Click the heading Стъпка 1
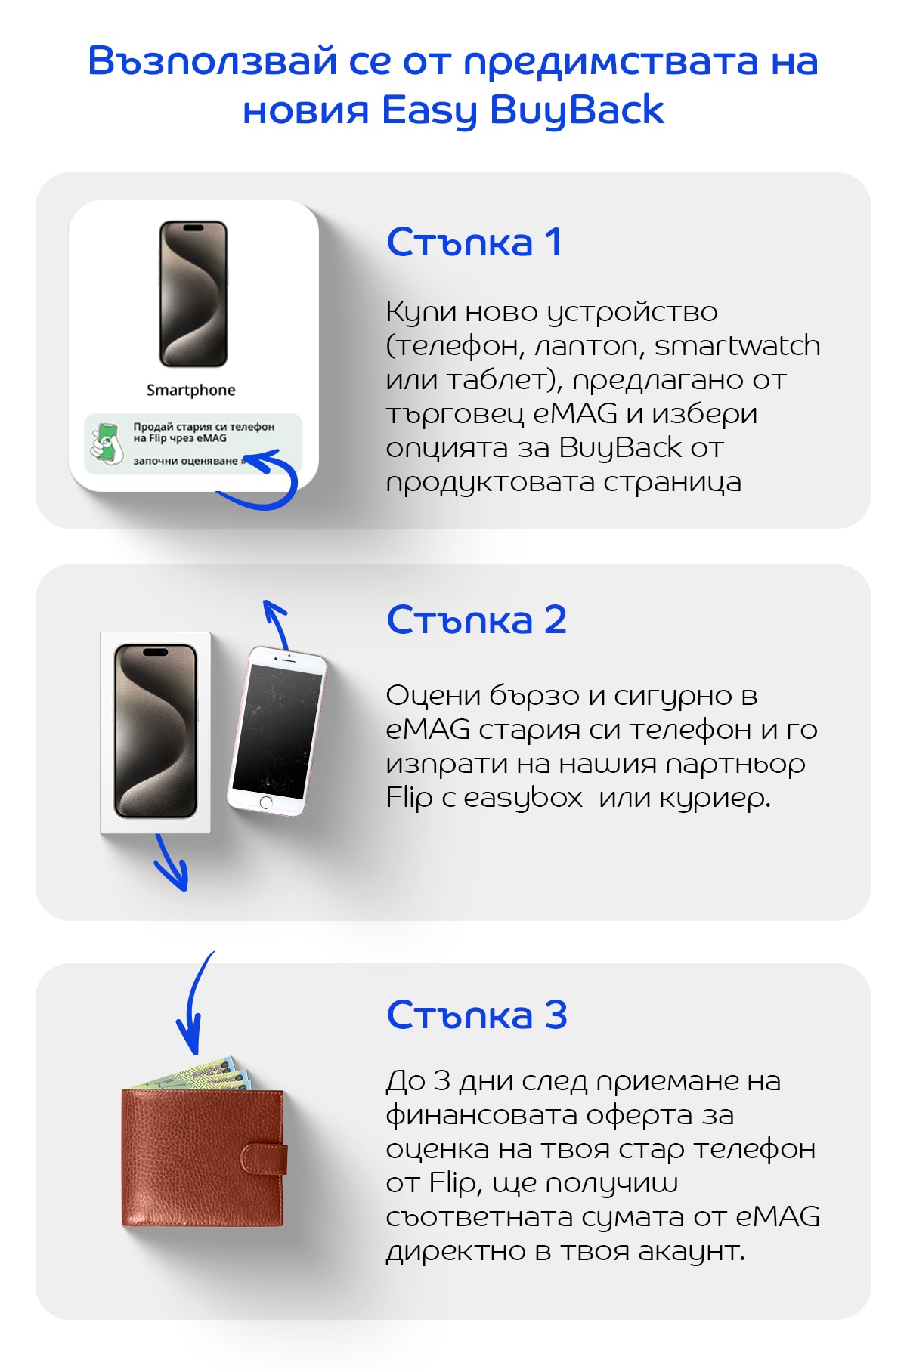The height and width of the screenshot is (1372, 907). pyautogui.click(x=474, y=243)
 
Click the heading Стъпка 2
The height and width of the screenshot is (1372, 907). pyautogui.click(x=476, y=620)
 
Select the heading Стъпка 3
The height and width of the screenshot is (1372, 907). pyautogui.click(x=476, y=1015)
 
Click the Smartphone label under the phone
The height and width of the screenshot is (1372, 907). pyautogui.click(x=190, y=390)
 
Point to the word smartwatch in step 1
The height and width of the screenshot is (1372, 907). pyautogui.click(x=737, y=346)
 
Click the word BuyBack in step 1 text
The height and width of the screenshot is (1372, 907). pyautogui.click(x=620, y=448)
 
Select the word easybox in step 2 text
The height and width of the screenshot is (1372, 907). pyautogui.click(x=523, y=798)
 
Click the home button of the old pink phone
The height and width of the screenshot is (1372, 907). pyautogui.click(x=266, y=802)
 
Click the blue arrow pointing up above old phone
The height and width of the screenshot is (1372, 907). pyautogui.click(x=276, y=623)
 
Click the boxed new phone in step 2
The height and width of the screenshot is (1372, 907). pyautogui.click(x=156, y=731)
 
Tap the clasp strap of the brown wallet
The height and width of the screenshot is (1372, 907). pyautogui.click(x=264, y=1158)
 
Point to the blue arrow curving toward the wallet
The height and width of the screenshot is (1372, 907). pyautogui.click(x=193, y=1005)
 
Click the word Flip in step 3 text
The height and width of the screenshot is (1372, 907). pyautogui.click(x=453, y=1183)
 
